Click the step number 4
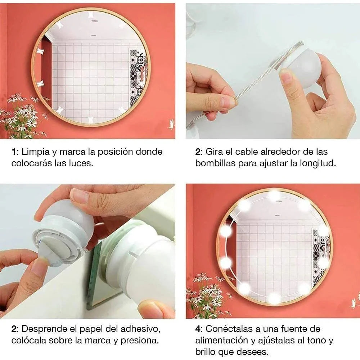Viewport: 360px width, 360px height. click(x=198, y=329)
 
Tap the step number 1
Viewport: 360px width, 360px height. click(x=13, y=152)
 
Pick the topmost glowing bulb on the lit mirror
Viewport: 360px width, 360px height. click(x=274, y=195)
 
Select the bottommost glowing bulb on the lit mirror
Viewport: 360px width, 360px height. click(x=274, y=297)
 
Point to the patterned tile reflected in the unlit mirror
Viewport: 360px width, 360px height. click(x=138, y=77)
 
